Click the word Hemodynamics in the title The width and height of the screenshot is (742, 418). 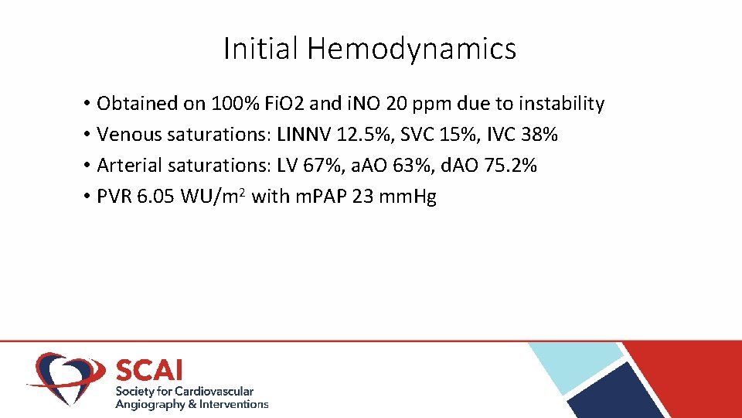click(411, 50)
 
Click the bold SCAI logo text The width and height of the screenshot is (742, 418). click(150, 370)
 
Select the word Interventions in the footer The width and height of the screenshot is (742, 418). click(233, 404)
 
